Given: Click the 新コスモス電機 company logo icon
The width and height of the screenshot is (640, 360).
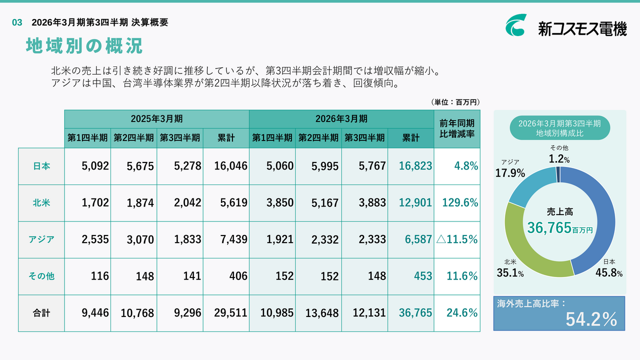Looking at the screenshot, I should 515,25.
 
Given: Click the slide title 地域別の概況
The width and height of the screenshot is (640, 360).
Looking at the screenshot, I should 84,46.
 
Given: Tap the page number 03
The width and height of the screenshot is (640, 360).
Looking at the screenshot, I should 17,22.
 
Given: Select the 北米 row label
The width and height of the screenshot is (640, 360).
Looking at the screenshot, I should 41,203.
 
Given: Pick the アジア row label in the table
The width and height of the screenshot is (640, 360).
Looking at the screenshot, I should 41,239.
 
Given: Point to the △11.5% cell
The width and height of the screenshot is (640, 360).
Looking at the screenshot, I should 457,239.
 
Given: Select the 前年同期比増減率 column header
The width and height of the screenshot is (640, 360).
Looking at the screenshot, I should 456,128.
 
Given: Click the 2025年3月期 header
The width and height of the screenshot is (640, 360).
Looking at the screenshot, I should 156,119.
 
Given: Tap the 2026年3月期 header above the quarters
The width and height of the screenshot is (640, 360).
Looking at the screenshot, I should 341,119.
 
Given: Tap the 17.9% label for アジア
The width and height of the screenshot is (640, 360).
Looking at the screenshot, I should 510,173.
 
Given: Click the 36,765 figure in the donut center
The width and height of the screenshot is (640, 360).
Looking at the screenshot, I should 549,228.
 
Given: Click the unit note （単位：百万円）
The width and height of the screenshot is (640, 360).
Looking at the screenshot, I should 455,102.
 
